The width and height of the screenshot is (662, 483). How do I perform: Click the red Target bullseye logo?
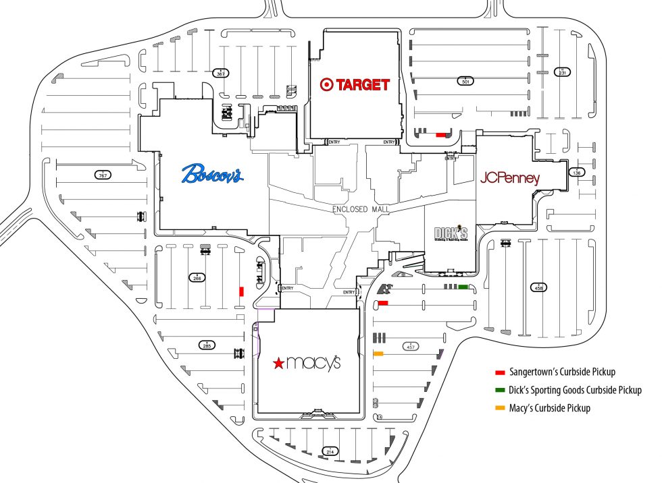327,84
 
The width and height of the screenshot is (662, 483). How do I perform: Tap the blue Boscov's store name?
212,173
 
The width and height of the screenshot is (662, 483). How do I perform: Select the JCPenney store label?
510,179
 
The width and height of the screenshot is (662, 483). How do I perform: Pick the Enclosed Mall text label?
359,210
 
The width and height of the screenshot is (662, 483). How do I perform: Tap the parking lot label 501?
465,81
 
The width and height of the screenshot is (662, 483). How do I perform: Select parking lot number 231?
562,72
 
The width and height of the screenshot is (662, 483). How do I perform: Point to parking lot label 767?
103,175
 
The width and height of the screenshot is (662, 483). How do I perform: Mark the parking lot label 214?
330,451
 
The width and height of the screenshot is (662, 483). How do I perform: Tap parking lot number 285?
207,346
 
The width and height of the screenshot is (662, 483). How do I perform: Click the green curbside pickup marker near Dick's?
463,287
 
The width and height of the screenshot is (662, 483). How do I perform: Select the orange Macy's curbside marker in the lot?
378,353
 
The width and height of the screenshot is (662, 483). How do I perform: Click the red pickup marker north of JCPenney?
441,135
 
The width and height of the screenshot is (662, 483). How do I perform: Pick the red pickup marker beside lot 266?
241,291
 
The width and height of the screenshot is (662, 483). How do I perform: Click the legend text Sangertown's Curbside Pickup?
565,372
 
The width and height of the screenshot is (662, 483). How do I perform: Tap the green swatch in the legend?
501,390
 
